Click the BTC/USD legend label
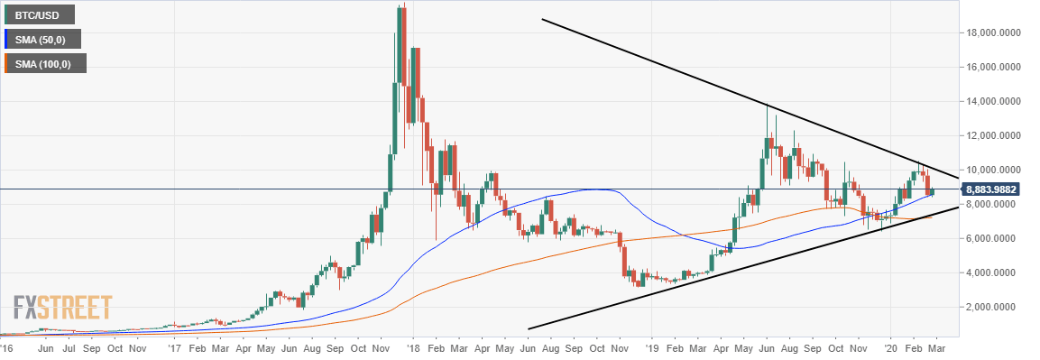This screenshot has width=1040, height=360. click(40, 14)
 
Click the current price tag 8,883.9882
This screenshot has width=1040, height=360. click(996, 189)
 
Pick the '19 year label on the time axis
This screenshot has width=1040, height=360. click(652, 346)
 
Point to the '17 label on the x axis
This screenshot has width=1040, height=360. click(172, 346)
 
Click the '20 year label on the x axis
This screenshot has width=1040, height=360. click(891, 346)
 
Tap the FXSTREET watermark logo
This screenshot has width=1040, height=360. click(62, 309)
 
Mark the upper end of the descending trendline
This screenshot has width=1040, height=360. click(542, 19)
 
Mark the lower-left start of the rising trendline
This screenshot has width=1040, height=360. click(528, 328)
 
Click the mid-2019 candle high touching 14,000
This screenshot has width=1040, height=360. click(767, 105)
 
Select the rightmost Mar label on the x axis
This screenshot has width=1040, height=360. click(938, 346)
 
